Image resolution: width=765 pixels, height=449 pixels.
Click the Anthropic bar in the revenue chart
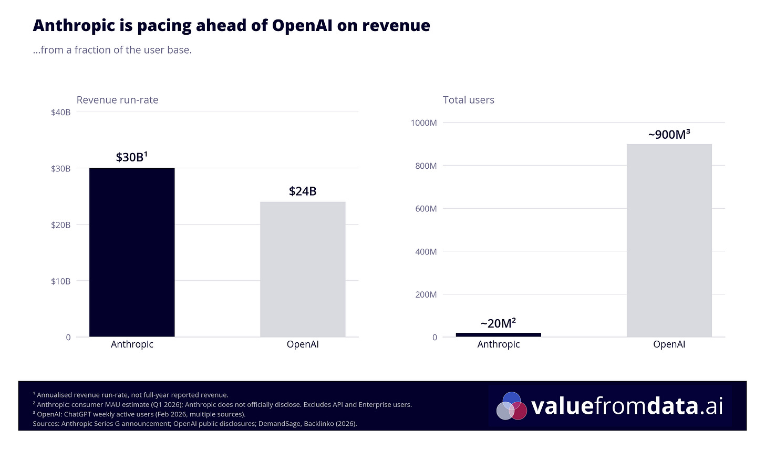132,252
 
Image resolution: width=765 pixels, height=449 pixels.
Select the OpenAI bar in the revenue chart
303,269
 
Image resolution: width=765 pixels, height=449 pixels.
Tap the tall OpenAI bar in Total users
669,240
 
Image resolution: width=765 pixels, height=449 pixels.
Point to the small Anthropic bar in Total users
498,334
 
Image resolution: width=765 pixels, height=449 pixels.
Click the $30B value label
131,157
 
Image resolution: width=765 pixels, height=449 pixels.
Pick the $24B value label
303,191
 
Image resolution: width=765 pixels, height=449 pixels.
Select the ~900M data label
669,135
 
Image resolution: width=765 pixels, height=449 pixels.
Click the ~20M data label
498,323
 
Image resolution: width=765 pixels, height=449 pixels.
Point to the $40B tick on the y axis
61,112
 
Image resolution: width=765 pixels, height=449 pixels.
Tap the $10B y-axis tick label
61,281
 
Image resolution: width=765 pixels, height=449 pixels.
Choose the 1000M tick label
423,123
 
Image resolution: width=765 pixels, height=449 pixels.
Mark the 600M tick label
426,209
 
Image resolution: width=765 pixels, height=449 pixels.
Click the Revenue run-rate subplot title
117,100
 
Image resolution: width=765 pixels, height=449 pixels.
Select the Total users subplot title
469,100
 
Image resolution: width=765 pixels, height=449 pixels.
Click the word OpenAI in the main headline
302,25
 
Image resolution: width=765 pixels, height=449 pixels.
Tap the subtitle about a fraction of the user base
112,50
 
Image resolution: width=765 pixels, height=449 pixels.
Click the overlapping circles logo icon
511,406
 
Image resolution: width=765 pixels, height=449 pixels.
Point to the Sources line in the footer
194,424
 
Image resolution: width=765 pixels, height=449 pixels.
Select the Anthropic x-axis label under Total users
498,344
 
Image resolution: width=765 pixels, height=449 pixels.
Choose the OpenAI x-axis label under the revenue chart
303,344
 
